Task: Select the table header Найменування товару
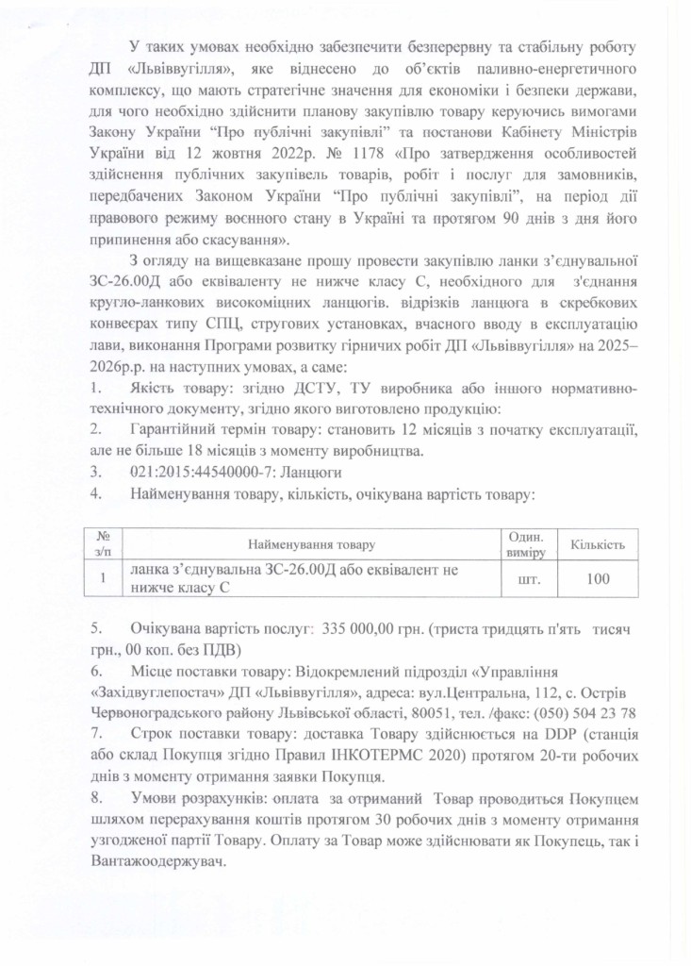tap(310, 544)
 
